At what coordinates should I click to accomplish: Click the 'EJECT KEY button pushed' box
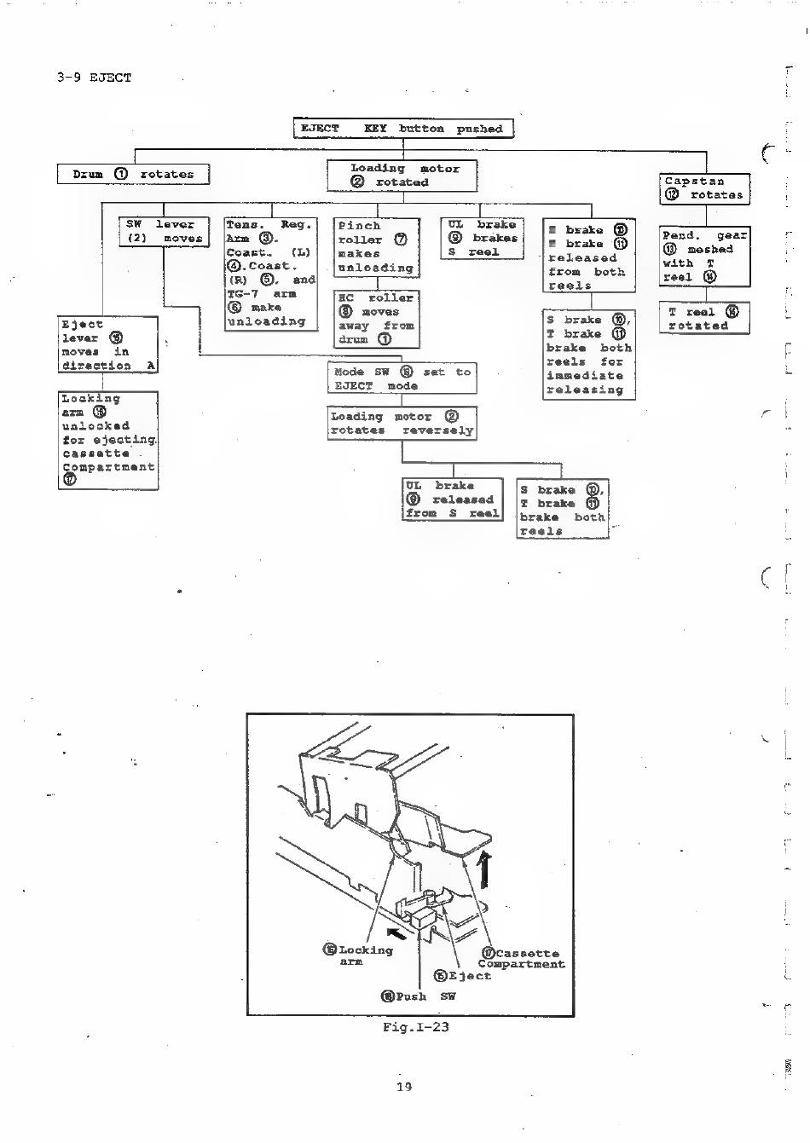click(x=403, y=129)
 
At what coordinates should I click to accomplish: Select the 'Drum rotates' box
click(x=133, y=174)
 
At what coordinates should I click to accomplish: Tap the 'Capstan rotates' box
click(x=705, y=188)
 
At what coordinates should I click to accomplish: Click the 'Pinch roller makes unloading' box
click(x=375, y=247)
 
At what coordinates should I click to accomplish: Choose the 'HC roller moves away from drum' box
click(x=375, y=319)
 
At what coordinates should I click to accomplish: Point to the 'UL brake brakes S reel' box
click(x=482, y=238)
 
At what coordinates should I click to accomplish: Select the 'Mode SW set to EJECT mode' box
click(x=402, y=378)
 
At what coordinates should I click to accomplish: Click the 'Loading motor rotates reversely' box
click(x=402, y=423)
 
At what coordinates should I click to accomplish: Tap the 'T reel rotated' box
click(x=703, y=319)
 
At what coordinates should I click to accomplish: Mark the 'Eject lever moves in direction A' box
click(x=108, y=344)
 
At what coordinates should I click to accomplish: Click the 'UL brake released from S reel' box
click(x=452, y=499)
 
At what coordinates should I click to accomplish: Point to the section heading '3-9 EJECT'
click(x=94, y=78)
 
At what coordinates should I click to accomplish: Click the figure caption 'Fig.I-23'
click(x=415, y=1026)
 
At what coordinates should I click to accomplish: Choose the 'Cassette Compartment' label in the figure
click(x=521, y=959)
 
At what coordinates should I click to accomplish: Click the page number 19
click(x=404, y=1086)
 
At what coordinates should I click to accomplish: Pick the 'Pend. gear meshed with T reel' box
click(x=704, y=256)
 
